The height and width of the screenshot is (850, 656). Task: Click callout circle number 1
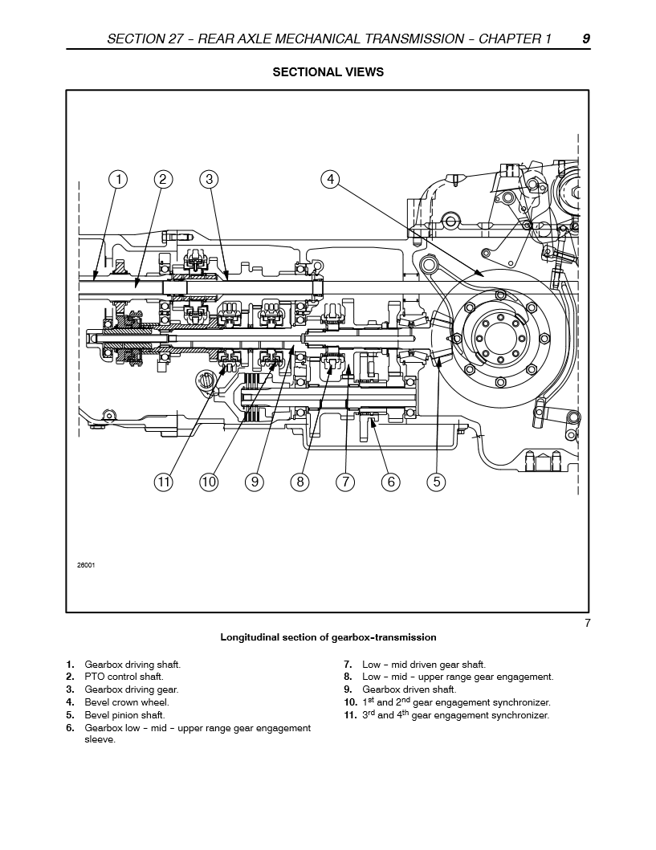coord(118,179)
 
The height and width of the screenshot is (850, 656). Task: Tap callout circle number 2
coord(163,179)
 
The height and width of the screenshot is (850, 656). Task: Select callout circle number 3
coord(209,179)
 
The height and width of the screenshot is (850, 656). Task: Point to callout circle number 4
coord(331,179)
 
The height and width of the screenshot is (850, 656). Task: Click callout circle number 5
coord(436,482)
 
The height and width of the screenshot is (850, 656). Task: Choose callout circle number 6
coord(391,482)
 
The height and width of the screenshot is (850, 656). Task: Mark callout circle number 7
coord(345,482)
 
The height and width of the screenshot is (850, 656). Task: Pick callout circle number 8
coord(300,482)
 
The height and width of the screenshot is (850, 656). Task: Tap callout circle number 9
coord(255,482)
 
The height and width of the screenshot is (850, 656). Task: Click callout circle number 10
coord(209,482)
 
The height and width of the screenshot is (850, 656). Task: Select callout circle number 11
coord(164,482)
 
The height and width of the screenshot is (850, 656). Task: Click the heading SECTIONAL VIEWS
coord(328,72)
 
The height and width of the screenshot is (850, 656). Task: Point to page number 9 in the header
coord(586,39)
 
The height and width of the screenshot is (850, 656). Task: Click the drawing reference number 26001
coord(87,565)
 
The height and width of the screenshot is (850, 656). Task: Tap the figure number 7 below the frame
coord(587,624)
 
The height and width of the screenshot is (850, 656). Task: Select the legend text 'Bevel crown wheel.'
coord(127,702)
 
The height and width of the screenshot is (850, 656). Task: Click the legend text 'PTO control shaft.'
coord(124,677)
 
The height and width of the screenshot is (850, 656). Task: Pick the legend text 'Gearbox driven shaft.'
coord(409,689)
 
